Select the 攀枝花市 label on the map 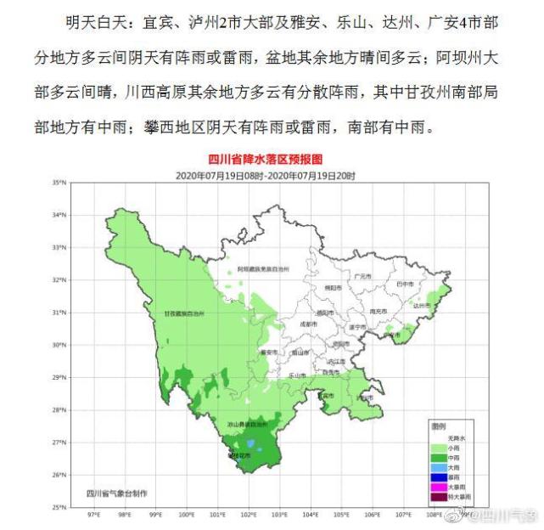coord(240,456)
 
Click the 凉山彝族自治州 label coord(246,423)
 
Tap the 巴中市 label coord(405,284)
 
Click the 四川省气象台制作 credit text coord(116,492)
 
